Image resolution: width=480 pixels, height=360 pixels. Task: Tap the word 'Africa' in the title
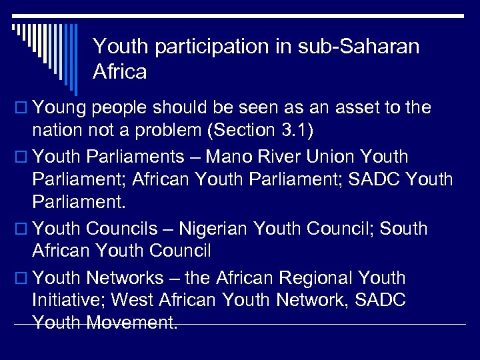pos(120,71)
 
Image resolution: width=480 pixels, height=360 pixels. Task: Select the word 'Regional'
pos(316,277)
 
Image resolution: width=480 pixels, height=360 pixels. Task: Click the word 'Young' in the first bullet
pos(59,107)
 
